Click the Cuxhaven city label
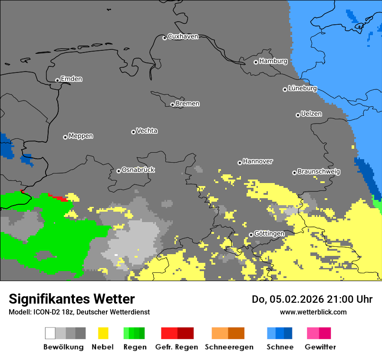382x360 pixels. coord(183,36)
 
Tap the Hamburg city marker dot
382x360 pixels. coord(256,62)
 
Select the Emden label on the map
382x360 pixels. coord(71,79)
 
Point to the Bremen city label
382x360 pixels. coord(188,104)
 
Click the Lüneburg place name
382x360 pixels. coord(302,88)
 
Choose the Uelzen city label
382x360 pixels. coord(311,114)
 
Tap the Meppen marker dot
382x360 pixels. coord(65,137)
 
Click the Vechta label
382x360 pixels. coord(147,131)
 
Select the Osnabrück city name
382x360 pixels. coord(138,170)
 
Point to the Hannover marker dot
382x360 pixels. coord(240,163)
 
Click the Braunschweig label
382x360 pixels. coord(319,172)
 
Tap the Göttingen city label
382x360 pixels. coord(269,234)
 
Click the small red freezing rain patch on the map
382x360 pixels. coord(59,198)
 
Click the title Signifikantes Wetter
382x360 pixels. coord(72,299)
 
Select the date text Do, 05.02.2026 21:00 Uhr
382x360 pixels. coord(312,299)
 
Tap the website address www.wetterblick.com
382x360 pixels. coord(313,312)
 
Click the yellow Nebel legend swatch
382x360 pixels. coord(103,333)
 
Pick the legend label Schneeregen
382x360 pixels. coord(229,347)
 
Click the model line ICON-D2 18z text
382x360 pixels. coord(79,312)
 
